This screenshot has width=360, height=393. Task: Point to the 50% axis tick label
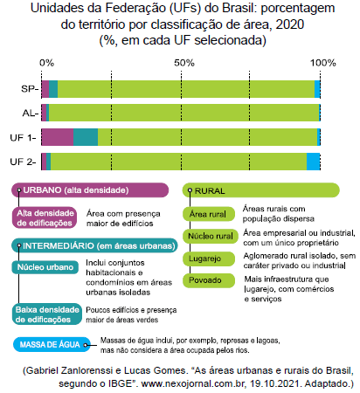click(184, 63)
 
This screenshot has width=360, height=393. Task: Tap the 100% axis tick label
click(322, 63)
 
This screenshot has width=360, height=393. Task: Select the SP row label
click(27, 88)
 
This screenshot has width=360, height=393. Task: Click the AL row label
click(27, 113)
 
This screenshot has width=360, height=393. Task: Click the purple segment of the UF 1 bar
click(57, 137)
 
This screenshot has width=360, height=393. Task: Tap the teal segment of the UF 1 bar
click(85, 137)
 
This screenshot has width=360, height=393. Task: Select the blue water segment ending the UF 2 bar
click(313, 162)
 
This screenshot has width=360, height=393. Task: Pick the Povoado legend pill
click(205, 280)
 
